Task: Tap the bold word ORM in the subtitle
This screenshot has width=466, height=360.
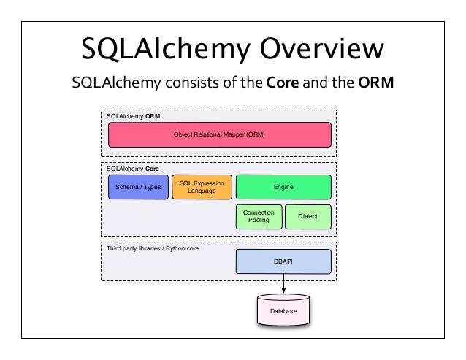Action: [376, 83]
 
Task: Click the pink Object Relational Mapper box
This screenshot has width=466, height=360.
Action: [219, 135]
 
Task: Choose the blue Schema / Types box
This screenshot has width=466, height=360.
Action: [138, 187]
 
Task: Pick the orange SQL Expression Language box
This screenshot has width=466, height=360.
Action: [202, 187]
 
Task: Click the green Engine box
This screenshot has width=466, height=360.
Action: [283, 187]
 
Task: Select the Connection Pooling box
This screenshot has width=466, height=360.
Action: [258, 216]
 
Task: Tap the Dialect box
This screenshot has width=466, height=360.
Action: [308, 216]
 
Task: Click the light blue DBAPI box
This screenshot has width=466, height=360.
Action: [283, 261]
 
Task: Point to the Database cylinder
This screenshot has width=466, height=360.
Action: [283, 310]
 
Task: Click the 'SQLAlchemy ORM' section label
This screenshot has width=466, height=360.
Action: [133, 115]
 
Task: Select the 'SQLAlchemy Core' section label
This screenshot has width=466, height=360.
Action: [134, 168]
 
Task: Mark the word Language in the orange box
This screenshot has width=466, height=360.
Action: [202, 191]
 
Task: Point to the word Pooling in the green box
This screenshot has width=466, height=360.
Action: [258, 220]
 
